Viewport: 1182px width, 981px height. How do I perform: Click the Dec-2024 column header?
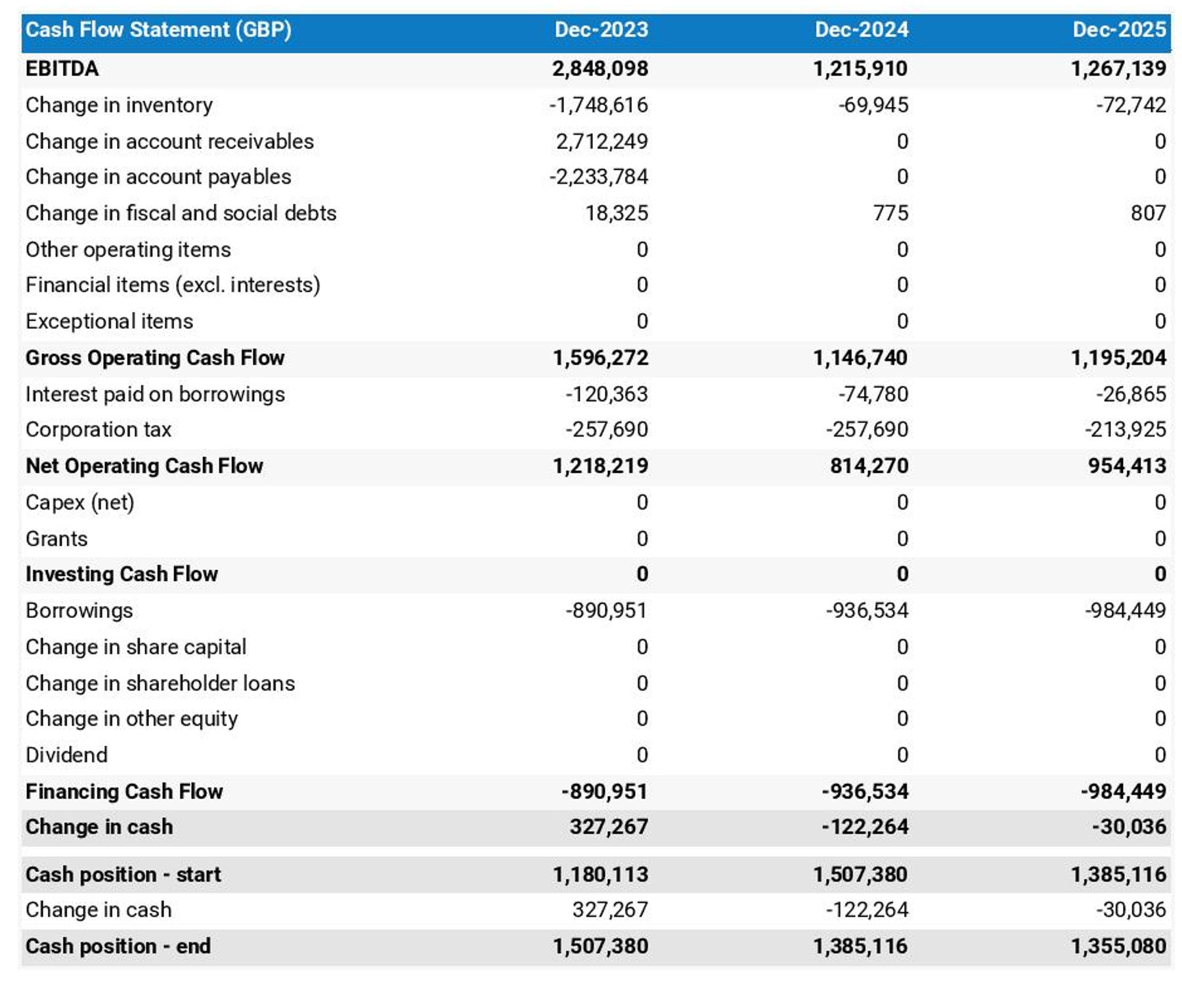click(861, 30)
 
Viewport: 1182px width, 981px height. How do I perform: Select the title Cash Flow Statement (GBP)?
click(158, 30)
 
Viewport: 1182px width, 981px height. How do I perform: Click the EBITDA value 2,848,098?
click(600, 68)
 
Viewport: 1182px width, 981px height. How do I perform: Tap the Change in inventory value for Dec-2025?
click(1130, 105)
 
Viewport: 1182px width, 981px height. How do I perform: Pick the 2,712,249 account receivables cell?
click(602, 141)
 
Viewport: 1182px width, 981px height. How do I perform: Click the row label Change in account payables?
click(158, 177)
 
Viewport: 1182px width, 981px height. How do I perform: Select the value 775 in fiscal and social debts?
click(890, 213)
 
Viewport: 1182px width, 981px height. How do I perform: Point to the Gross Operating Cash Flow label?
click(155, 357)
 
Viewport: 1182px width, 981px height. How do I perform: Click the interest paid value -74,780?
click(873, 394)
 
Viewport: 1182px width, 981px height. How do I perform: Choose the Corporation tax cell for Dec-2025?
click(1125, 429)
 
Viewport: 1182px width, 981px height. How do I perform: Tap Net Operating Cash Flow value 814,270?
click(869, 466)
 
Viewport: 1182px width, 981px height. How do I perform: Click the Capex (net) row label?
click(80, 502)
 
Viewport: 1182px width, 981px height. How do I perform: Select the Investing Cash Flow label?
click(121, 574)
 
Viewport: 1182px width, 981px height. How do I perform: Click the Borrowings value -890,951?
click(605, 611)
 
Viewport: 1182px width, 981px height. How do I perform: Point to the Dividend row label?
click(66, 754)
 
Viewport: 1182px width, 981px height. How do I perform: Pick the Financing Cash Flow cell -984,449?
click(1123, 791)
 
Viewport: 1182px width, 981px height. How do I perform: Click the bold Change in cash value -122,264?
click(865, 827)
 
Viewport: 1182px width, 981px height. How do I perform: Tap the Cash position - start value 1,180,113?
click(600, 875)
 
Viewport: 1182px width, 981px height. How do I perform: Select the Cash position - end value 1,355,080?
click(1118, 946)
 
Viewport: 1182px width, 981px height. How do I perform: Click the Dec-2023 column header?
click(601, 30)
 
